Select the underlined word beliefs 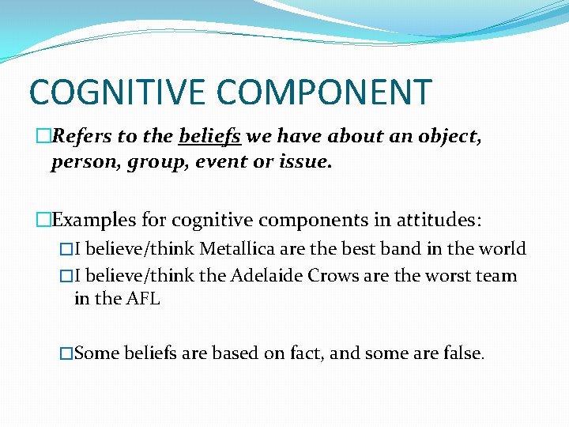pyautogui.click(x=210, y=137)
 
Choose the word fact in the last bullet pyautogui.click(x=303, y=353)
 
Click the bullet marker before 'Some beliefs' pyautogui.click(x=66, y=353)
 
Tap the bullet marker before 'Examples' pyautogui.click(x=43, y=219)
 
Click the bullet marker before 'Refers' pyautogui.click(x=43, y=137)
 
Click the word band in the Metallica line pyautogui.click(x=403, y=249)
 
